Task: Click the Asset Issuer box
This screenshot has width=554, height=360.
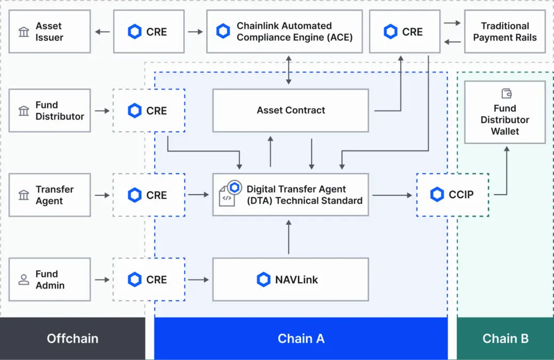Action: tap(49, 32)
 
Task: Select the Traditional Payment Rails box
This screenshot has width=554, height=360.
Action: tap(504, 32)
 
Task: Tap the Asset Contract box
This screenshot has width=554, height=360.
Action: tap(291, 110)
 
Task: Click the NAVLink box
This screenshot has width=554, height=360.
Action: tap(291, 279)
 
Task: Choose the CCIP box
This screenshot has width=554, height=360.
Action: tap(452, 195)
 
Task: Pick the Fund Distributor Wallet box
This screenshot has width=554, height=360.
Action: tap(504, 113)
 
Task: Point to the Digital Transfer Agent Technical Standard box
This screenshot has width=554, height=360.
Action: tap(291, 195)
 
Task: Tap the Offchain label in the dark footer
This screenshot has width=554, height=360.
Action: tap(73, 338)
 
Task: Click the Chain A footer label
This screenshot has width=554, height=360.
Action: tap(301, 338)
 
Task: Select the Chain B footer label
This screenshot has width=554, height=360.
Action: tap(505, 338)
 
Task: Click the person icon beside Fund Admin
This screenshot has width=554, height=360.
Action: tap(24, 279)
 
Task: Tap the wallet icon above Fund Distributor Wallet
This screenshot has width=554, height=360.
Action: tap(507, 94)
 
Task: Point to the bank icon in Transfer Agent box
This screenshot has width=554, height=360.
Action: tap(24, 195)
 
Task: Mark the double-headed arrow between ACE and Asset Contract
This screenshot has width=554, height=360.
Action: tap(288, 68)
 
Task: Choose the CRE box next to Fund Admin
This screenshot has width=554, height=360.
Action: tap(149, 279)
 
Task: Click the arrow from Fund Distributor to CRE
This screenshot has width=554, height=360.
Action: tap(101, 111)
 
